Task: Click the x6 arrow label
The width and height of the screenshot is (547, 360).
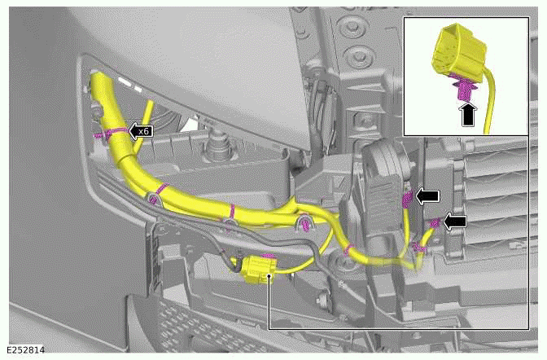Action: tap(141, 130)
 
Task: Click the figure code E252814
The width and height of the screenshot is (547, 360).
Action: tap(24, 351)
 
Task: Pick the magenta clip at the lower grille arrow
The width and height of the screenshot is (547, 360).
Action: tap(435, 222)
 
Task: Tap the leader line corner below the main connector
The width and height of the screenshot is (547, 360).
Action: tap(268, 328)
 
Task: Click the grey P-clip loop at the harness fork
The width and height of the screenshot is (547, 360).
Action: tap(306, 222)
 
